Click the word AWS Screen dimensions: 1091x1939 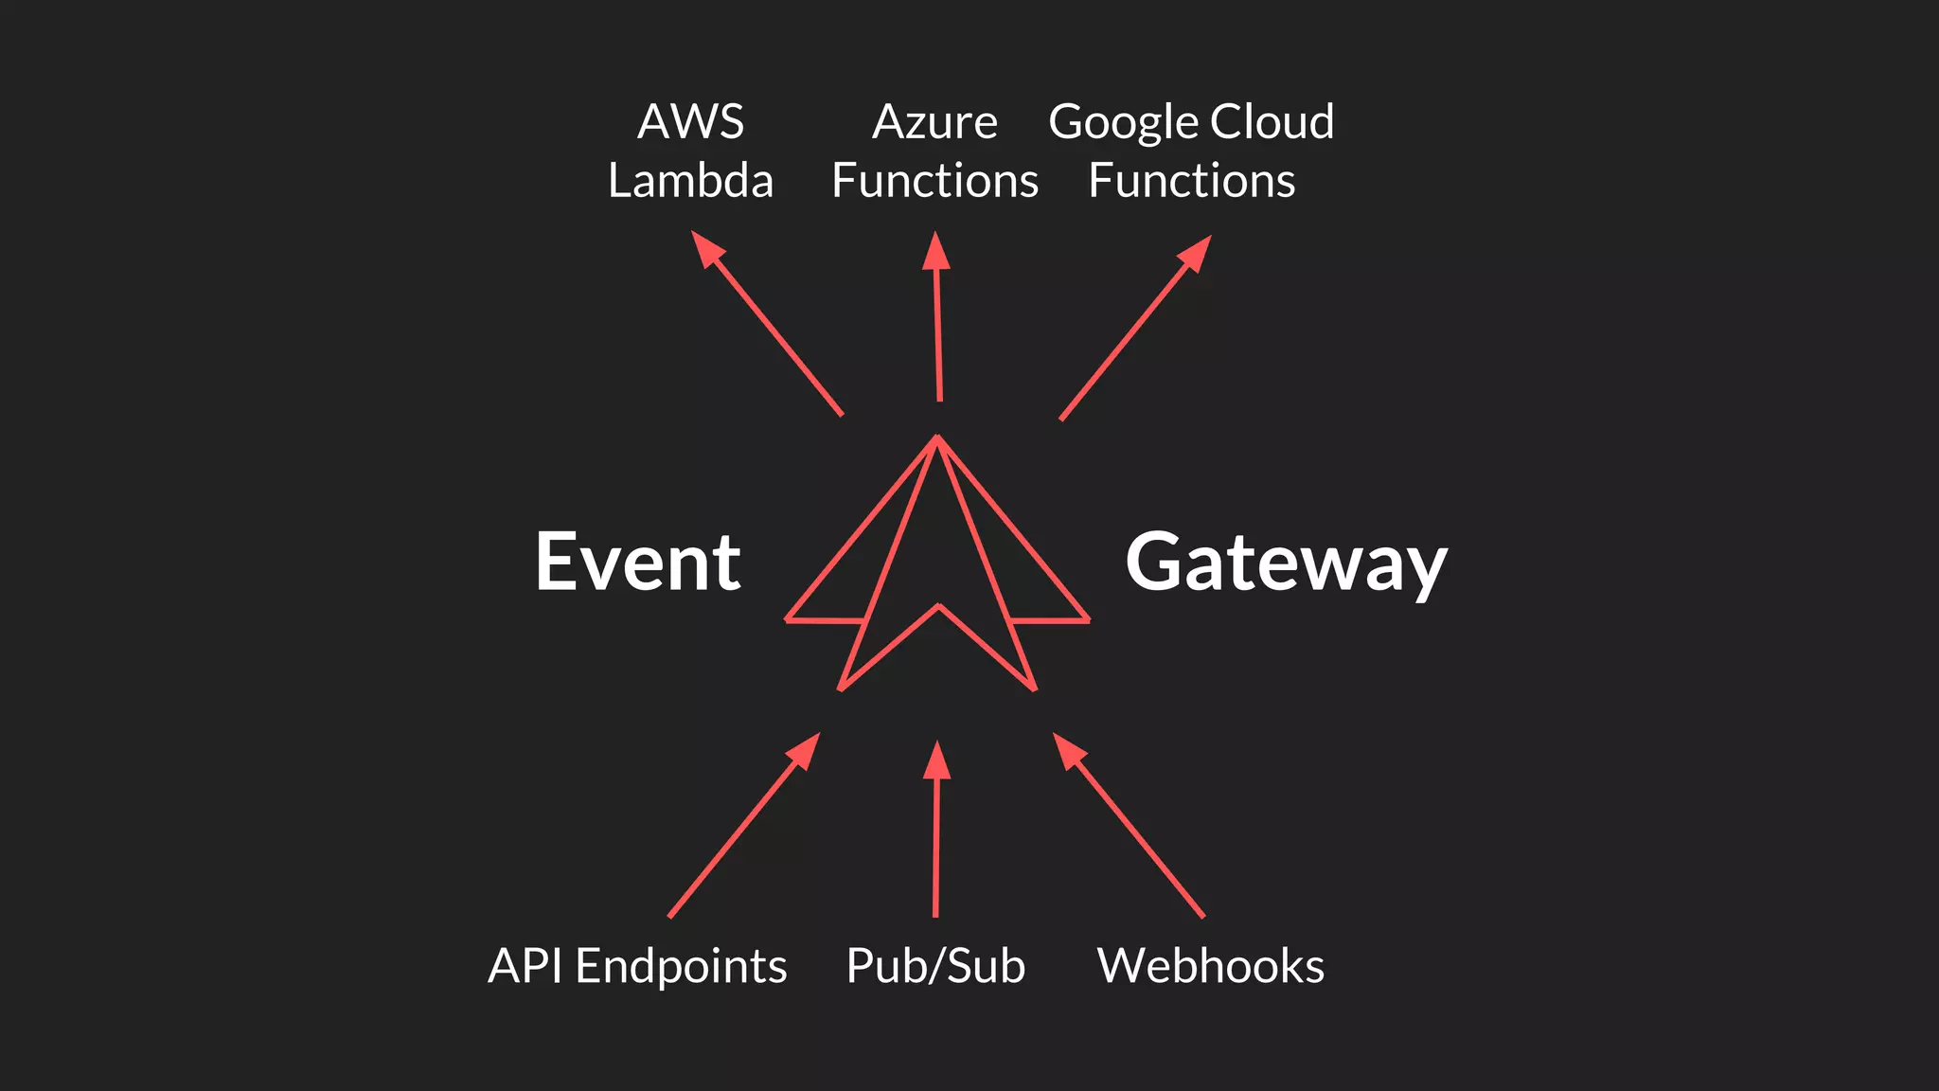pyautogui.click(x=690, y=122)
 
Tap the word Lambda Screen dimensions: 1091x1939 pyautogui.click(x=690, y=181)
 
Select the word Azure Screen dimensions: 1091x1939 pyautogui.click(x=934, y=122)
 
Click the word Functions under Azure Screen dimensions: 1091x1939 pyautogui.click(x=934, y=181)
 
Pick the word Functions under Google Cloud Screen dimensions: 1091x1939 pyautogui.click(x=1191, y=181)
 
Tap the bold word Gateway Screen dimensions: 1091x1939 pyautogui.click(x=1286, y=563)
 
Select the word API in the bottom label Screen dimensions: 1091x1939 pyautogui.click(x=526, y=966)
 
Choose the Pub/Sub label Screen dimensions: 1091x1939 pyautogui.click(x=935, y=967)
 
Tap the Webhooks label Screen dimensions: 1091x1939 pyautogui.click(x=1210, y=966)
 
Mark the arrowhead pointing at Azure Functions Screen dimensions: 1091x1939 pyautogui.click(x=935, y=251)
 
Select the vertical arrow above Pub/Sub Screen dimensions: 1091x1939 pyautogui.click(x=935, y=833)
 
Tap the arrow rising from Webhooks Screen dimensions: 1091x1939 pyautogui.click(x=1130, y=826)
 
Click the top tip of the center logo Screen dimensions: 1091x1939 pyautogui.click(x=936, y=438)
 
